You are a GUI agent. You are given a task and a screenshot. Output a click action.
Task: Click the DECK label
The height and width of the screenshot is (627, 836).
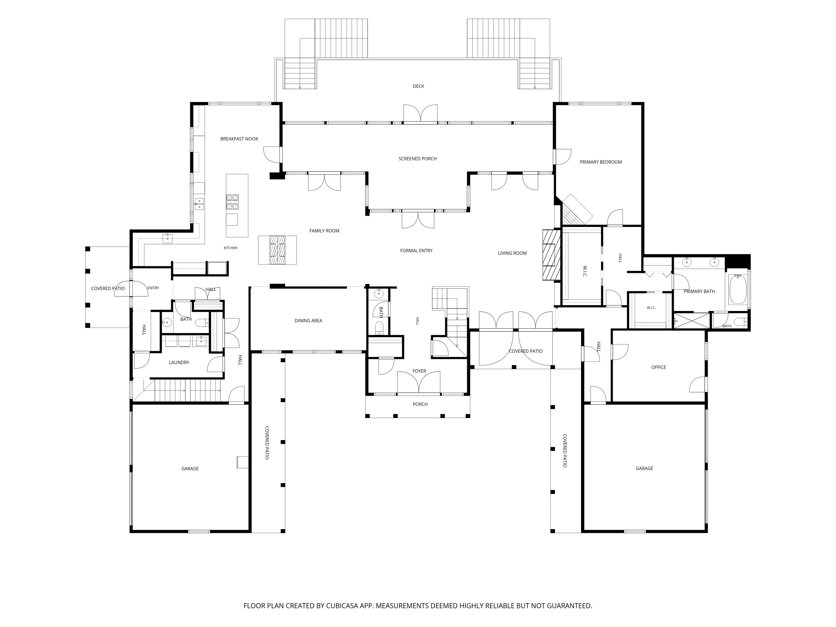[x=418, y=86]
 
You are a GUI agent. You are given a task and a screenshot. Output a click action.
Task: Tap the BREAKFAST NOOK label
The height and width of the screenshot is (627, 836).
[x=239, y=139]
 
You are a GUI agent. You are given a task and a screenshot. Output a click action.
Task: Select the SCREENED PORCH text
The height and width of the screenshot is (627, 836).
[x=418, y=159]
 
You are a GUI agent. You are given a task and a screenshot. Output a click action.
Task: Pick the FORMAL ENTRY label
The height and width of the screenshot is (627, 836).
[x=417, y=251]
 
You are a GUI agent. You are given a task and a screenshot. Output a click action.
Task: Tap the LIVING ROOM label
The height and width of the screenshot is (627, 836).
[x=512, y=253]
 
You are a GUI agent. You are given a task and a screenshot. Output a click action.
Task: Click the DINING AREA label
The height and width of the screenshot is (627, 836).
[x=308, y=320]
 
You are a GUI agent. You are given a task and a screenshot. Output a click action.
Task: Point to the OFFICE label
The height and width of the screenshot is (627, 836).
[x=659, y=367]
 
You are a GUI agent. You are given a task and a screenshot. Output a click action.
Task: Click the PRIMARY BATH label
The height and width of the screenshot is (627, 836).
[x=699, y=291]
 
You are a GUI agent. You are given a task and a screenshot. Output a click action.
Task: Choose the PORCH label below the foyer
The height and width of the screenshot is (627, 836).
[x=420, y=404]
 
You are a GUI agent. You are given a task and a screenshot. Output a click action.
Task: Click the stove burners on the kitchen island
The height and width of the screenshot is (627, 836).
[x=232, y=202]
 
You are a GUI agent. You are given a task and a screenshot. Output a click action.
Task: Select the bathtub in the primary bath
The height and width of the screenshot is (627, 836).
[x=737, y=290]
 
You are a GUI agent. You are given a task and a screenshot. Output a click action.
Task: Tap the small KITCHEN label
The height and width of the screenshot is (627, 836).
[x=230, y=248]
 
